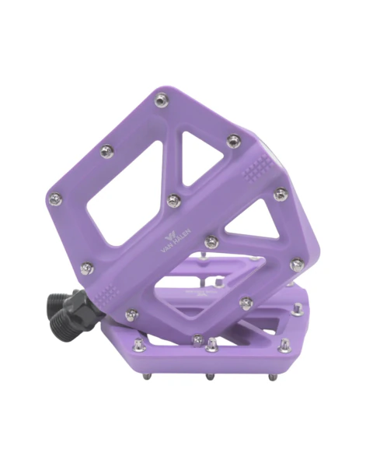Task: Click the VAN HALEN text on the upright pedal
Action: click(x=176, y=241)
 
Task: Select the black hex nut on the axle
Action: click(x=82, y=303)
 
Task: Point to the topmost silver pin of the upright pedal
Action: click(x=161, y=100)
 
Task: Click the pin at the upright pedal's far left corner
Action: click(x=56, y=198)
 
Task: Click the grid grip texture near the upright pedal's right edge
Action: click(x=257, y=168)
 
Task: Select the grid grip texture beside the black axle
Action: click(x=106, y=294)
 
